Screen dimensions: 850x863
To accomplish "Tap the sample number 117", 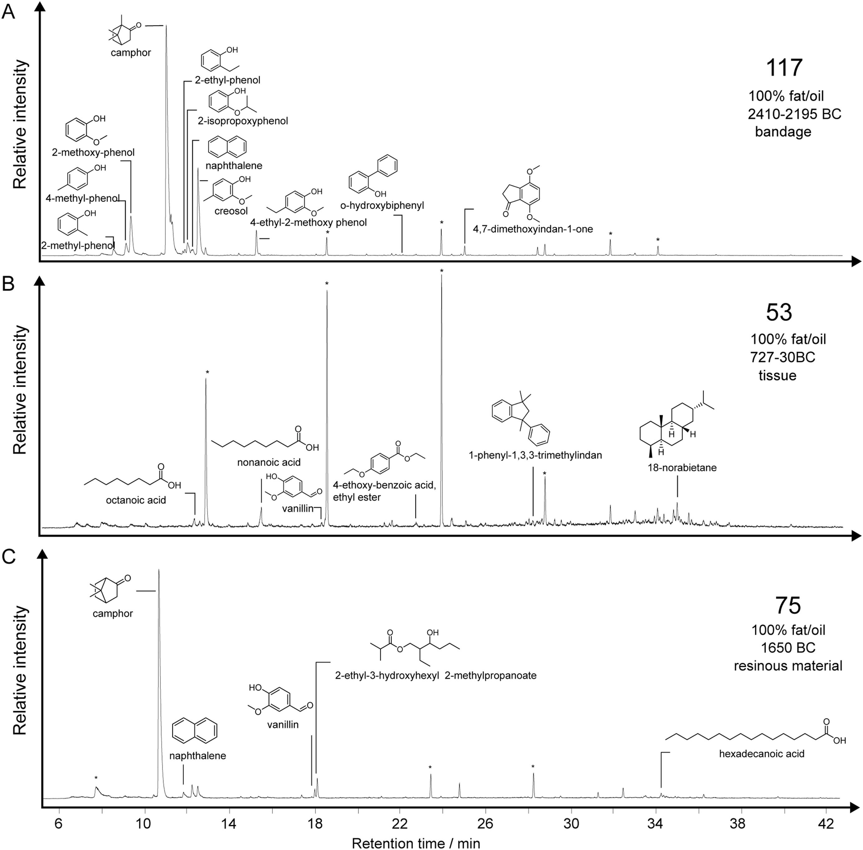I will click(784, 68).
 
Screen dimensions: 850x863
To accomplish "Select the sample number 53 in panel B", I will click(779, 312).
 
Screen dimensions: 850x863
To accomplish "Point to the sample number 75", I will click(788, 606).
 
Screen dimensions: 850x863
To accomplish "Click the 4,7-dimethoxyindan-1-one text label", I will click(532, 229).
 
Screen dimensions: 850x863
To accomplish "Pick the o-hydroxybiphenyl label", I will click(382, 205).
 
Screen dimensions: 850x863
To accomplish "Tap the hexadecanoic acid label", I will click(762, 754).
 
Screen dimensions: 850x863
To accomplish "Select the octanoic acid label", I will click(136, 500).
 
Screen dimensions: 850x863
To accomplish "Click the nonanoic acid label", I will click(269, 462).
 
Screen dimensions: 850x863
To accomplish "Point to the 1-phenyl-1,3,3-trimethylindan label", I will click(535, 455).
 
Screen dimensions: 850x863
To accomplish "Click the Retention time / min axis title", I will click(416, 843).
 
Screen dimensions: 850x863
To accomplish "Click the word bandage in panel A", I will click(783, 132).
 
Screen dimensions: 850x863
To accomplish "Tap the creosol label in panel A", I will click(231, 211).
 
